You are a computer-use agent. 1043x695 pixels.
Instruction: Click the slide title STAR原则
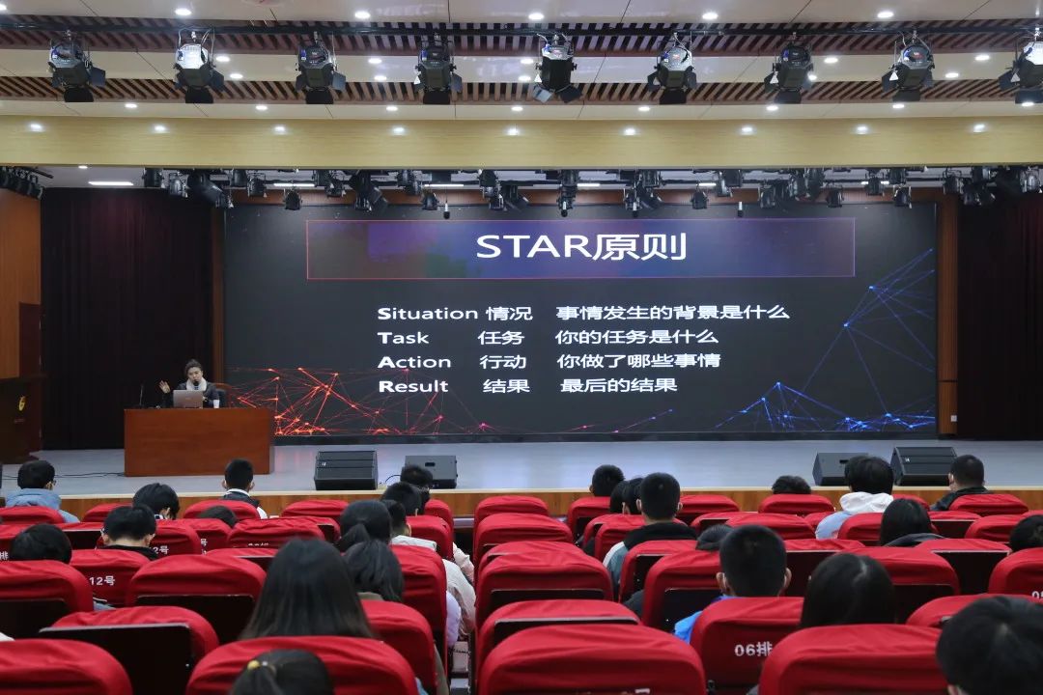pos(580,247)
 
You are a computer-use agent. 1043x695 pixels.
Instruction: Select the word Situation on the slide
pos(428,314)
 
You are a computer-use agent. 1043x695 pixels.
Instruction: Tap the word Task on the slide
pos(403,338)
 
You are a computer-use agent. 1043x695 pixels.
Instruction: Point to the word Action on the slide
pos(413,363)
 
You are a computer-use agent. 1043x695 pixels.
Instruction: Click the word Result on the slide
pos(413,386)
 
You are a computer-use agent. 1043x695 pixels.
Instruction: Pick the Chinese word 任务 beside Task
pos(501,338)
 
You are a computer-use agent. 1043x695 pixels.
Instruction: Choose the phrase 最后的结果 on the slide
pos(619,385)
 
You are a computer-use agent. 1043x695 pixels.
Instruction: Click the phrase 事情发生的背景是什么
pos(672,312)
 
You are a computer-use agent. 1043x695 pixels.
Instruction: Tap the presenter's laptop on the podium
pos(188,399)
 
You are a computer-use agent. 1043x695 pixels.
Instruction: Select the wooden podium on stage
pos(199,441)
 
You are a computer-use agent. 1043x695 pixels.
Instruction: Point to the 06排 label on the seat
pos(753,649)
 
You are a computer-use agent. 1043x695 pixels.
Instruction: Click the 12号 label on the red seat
pos(101,580)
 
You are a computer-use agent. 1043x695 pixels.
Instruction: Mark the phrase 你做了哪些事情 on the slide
pos(638,361)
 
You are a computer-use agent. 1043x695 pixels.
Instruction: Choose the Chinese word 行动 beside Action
pos(503,363)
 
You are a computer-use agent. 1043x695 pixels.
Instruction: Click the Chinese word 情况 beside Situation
pos(509,314)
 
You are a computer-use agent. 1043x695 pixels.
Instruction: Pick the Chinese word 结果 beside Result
pos(506,386)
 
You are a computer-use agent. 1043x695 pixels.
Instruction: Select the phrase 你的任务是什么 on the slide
pos(636,337)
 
